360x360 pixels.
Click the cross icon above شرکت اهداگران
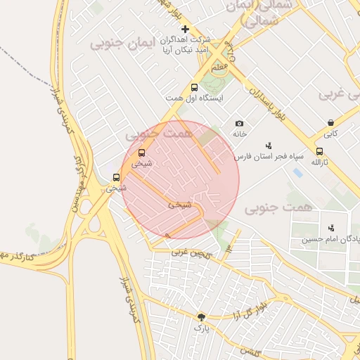pos(185,29)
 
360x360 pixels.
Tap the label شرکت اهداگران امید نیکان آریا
pos(188,45)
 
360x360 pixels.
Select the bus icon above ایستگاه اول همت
pos(194,88)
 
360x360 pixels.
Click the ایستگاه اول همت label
pos(194,98)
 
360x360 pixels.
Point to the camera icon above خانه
pos(239,124)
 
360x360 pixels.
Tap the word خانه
pos(240,134)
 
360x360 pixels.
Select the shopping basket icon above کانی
pos(330,122)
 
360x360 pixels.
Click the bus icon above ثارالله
pos(320,151)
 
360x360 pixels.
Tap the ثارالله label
pos(321,162)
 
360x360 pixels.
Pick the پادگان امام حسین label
pos(331,239)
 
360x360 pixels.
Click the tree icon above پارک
pos(202,317)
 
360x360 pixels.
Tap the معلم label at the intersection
pos(219,65)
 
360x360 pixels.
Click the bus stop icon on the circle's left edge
pos(141,153)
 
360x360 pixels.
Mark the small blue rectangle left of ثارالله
pos(298,172)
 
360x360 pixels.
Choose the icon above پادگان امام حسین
pos(330,228)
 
